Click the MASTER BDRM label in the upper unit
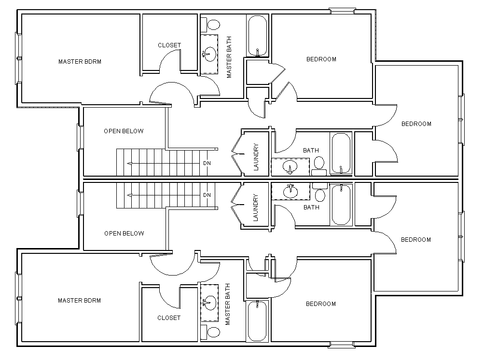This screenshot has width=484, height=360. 80,62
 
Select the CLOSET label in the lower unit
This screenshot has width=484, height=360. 169,318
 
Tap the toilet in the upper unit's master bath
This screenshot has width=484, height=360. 212,24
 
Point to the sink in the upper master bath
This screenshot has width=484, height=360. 209,54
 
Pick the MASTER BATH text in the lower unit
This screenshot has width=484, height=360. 228,305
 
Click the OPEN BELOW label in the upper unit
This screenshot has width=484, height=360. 124,131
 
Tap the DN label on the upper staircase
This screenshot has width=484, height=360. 207,163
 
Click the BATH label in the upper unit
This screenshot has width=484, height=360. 311,151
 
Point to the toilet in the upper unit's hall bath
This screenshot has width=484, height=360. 318,164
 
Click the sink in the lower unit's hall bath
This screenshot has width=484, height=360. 290,192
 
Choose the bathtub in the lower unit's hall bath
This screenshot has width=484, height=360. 342,205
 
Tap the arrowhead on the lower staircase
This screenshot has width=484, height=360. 129,195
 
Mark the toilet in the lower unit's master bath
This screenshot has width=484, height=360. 212,332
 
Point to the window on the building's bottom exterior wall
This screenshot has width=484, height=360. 343,345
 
